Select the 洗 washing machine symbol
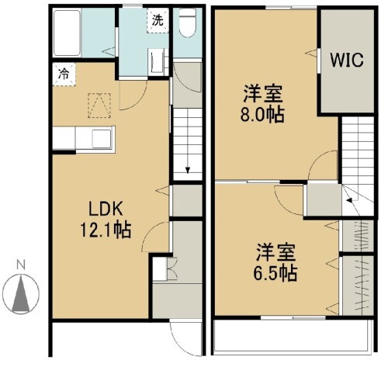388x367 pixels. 158,20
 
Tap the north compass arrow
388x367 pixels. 22,293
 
